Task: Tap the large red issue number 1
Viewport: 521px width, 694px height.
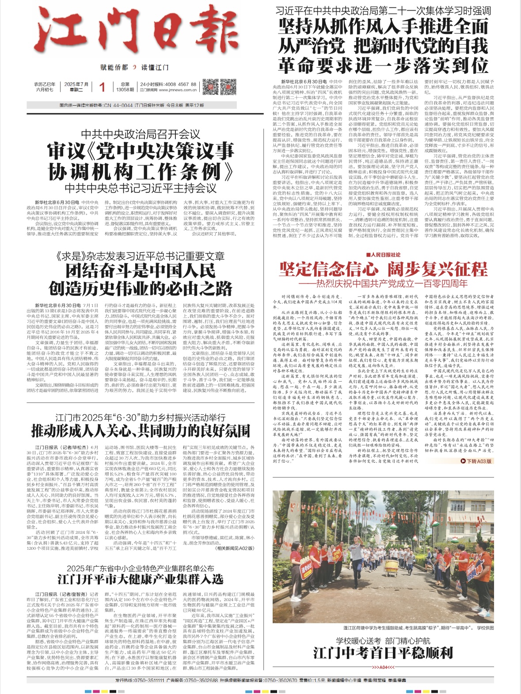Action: tap(102, 87)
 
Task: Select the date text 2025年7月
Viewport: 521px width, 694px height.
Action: tap(76, 84)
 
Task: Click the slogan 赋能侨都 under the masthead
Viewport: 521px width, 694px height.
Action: tap(114, 68)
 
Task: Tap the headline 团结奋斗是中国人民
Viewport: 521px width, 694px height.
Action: tap(141, 270)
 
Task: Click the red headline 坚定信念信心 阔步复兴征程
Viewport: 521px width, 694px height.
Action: tap(383, 269)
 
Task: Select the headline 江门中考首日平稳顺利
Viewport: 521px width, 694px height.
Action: tap(383, 652)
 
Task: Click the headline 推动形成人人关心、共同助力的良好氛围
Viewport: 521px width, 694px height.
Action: tap(141, 430)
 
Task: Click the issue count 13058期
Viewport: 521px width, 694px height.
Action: tap(125, 90)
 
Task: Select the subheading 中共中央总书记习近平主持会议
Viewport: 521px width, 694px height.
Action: tap(141, 188)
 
